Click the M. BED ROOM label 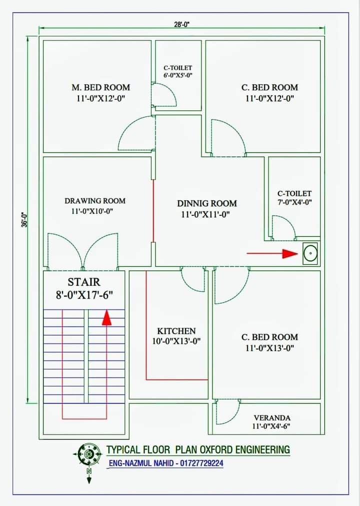[101, 87]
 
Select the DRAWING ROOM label [95, 201]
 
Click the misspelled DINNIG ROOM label [207, 204]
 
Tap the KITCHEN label [176, 331]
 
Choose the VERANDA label [272, 418]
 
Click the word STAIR [84, 282]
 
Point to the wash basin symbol [310, 253]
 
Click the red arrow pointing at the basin [272, 254]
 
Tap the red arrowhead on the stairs [106, 318]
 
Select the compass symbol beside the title [87, 454]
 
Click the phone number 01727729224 [201, 464]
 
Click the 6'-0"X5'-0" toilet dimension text [178, 75]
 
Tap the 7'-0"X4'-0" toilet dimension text [294, 202]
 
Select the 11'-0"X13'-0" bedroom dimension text [269, 348]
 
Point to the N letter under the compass [89, 471]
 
